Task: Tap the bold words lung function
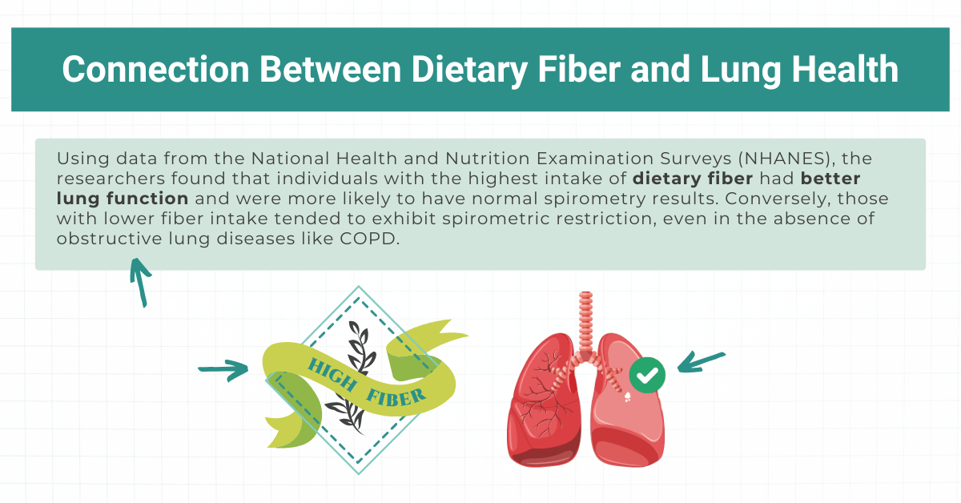pos(123,198)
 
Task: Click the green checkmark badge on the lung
pos(647,374)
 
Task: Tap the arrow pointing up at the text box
pos(140,282)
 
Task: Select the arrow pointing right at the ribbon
pos(224,369)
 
